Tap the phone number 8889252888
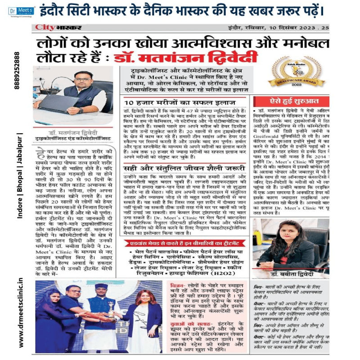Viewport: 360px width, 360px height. click(x=17, y=72)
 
